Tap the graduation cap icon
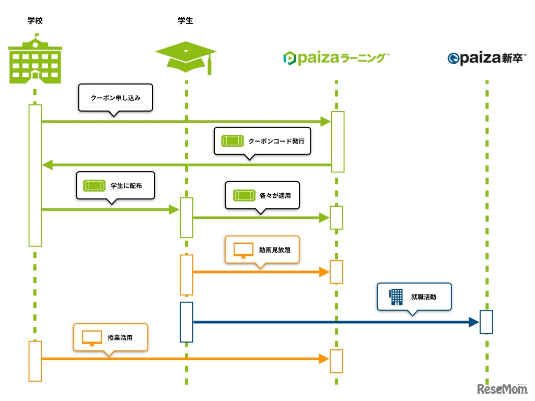(186, 56)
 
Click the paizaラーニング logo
(336, 58)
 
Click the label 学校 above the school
(34, 21)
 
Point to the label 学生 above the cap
(185, 21)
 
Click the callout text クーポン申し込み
(115, 97)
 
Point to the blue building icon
(397, 297)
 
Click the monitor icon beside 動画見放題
(243, 250)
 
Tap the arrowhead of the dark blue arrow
(474, 322)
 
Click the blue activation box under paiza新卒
(486, 322)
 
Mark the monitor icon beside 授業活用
(91, 338)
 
